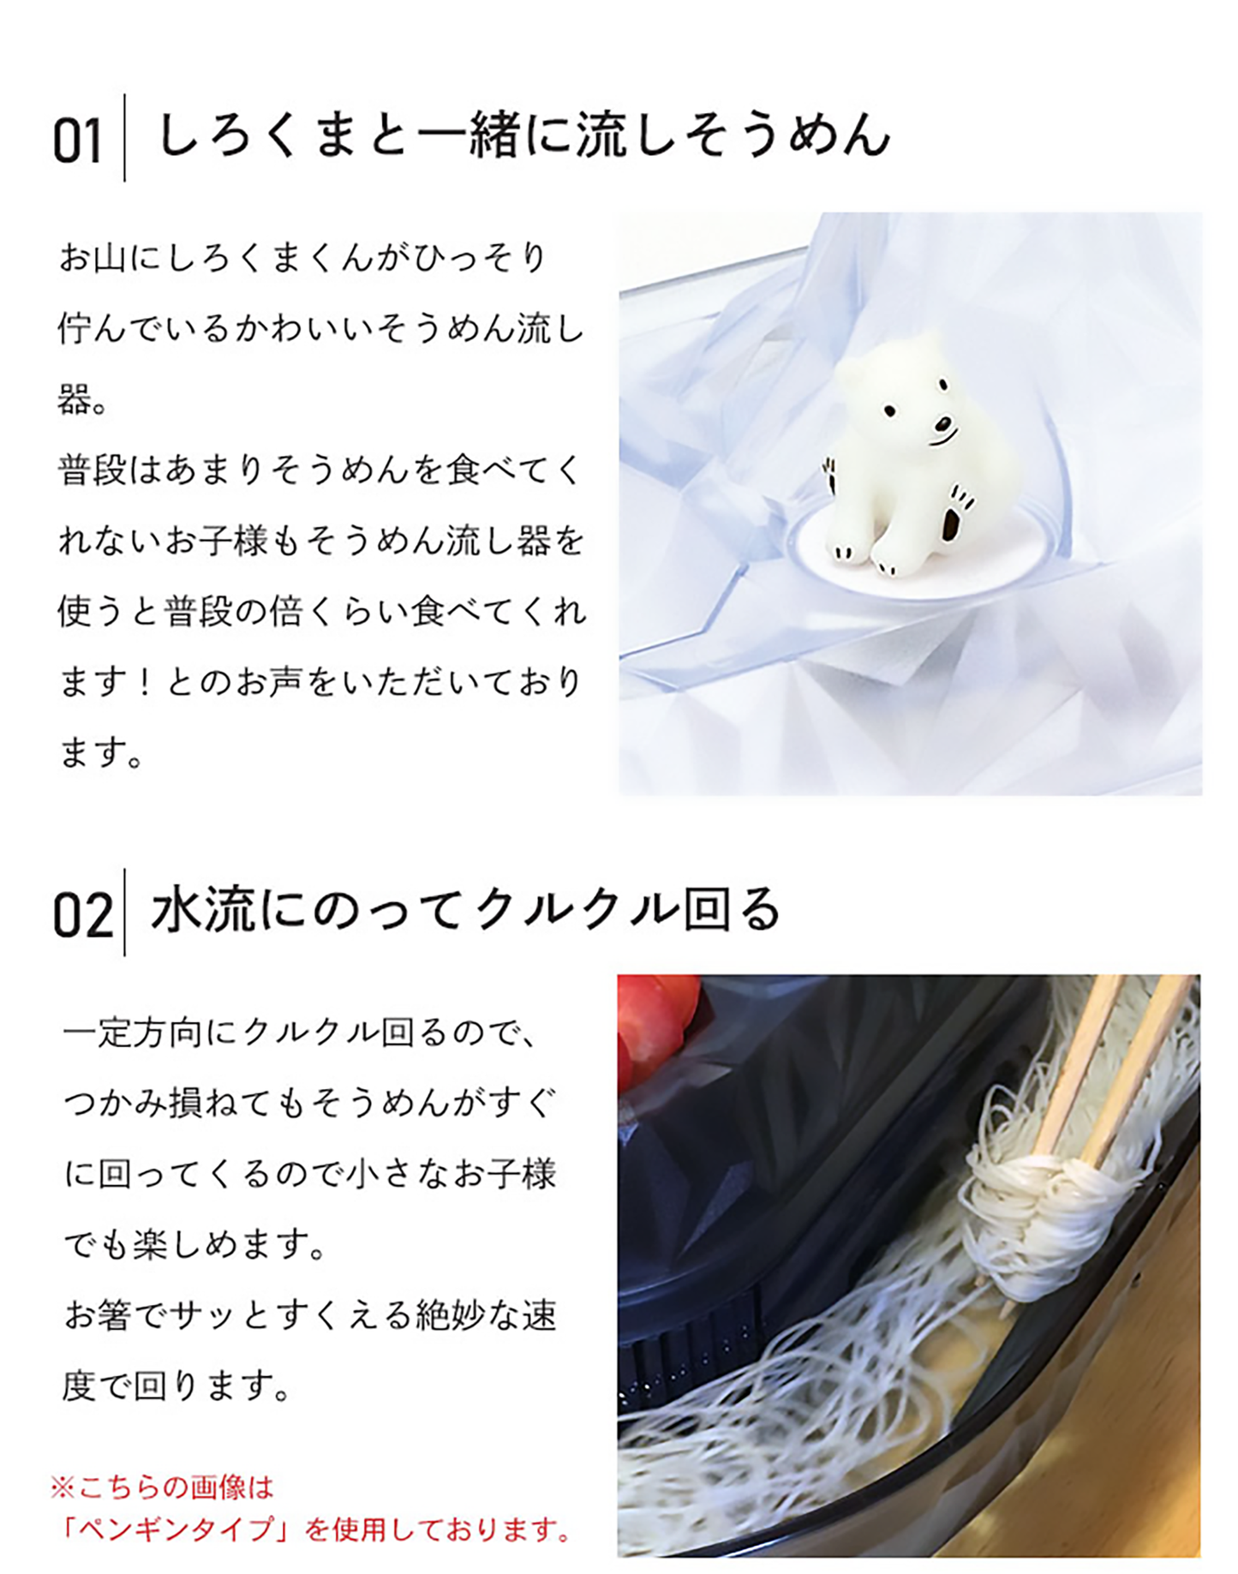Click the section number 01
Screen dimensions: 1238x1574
pos(77,141)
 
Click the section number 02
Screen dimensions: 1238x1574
pos(82,915)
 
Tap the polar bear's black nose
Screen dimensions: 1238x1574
pos(942,423)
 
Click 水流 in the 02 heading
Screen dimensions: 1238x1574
pos(202,910)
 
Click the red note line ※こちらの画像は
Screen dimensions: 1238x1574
pos(162,1487)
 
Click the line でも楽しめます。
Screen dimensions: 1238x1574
pos(195,1244)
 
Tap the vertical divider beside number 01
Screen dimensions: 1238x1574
pos(125,137)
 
